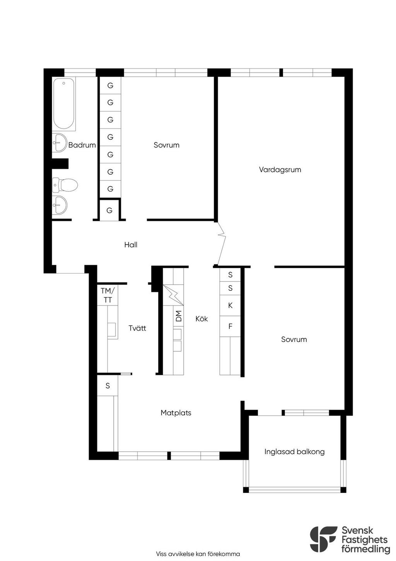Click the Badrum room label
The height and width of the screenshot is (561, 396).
82,145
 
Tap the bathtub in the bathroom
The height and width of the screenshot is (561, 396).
64,104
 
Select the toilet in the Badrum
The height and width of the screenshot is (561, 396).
65,185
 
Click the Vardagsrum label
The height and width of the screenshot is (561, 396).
280,170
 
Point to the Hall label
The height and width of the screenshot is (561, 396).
131,245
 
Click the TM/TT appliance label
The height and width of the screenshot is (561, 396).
108,295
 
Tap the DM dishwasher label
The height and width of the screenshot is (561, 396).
179,316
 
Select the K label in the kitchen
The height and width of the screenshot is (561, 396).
230,305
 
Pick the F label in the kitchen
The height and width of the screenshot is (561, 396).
230,326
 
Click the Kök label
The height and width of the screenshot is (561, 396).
201,319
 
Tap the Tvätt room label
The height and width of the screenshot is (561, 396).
137,328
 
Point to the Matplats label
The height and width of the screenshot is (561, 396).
176,413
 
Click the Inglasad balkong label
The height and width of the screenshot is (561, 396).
294,452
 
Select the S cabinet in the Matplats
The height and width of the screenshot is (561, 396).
108,386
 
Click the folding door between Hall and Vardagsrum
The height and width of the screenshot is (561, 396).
222,243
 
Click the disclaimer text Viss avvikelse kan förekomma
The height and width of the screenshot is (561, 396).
198,554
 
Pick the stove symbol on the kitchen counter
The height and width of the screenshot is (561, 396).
173,295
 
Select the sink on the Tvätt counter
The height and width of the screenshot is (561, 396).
112,329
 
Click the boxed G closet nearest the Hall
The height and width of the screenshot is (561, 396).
109,210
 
